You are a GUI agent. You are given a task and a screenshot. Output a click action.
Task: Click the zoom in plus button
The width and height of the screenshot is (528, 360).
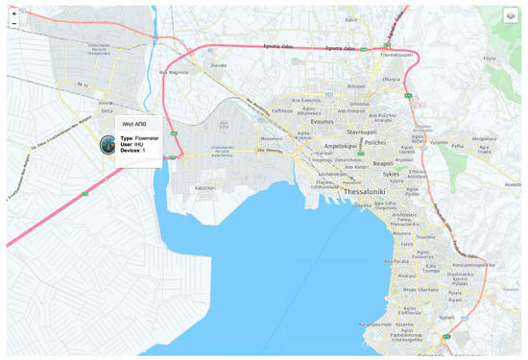tap(13, 13)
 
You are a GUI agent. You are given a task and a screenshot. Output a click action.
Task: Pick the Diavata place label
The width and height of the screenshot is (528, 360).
tap(219, 65)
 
